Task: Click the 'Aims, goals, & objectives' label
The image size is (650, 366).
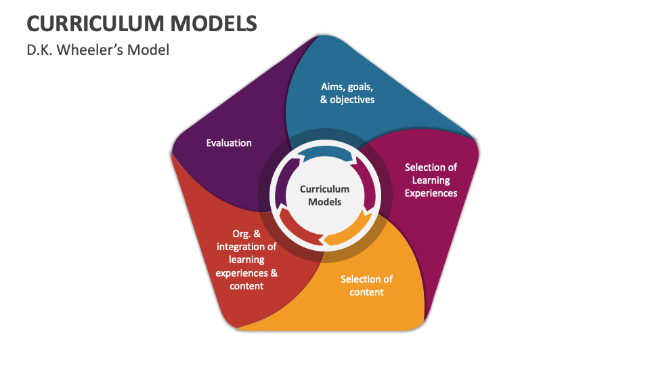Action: click(x=347, y=93)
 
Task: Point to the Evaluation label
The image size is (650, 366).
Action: click(x=229, y=143)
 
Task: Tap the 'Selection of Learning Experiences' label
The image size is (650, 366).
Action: click(x=431, y=180)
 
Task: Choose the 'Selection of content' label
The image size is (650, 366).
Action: click(x=366, y=285)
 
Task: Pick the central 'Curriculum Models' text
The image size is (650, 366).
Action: click(x=324, y=195)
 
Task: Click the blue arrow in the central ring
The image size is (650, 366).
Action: click(x=326, y=154)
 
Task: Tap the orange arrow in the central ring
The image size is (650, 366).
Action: click(x=349, y=232)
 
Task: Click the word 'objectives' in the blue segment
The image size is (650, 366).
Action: click(x=352, y=100)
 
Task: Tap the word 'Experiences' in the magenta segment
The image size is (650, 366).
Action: click(x=431, y=193)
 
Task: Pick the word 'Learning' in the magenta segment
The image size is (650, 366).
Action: click(x=431, y=180)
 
